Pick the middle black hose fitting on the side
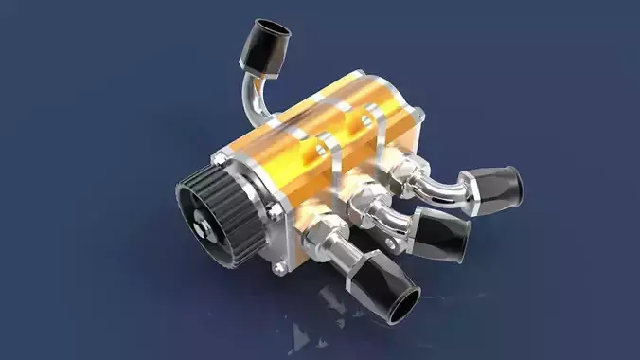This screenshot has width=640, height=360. (x=443, y=232)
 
